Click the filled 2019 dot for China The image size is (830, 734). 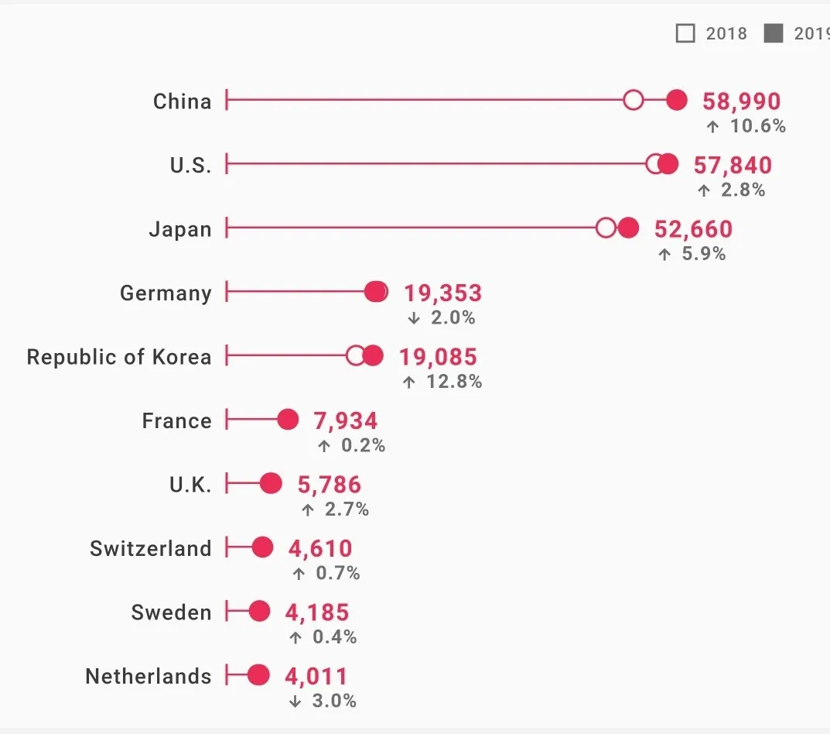(678, 100)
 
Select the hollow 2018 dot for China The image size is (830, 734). (634, 100)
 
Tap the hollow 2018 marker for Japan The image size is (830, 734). (606, 228)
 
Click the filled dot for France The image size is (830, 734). (288, 420)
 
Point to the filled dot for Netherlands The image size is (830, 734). (259, 675)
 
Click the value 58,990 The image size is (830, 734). (741, 101)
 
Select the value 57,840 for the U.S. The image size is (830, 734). (733, 165)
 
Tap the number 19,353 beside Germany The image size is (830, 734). (442, 293)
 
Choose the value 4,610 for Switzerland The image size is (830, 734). (320, 549)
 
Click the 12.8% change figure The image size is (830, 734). (454, 382)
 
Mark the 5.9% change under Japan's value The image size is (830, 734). (703, 254)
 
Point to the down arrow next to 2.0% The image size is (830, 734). (414, 317)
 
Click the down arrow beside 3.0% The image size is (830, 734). (295, 701)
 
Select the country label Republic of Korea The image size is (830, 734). (118, 357)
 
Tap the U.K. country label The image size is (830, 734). (190, 485)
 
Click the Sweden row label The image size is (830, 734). (171, 612)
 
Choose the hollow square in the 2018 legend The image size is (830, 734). (685, 33)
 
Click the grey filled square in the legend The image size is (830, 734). (773, 33)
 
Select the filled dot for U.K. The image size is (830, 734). (271, 483)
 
